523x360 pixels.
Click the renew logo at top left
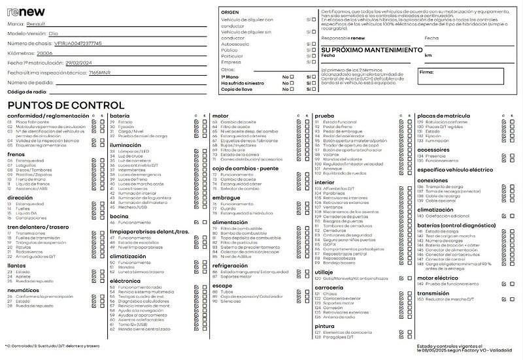tap(26, 12)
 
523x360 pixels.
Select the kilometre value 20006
tap(45, 53)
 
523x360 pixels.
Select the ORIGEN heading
tap(230, 12)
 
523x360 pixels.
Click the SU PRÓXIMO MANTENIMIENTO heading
tap(372, 50)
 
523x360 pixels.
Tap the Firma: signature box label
tap(426, 72)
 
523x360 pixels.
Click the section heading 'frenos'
tap(16, 154)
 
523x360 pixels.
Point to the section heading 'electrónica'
tap(125, 280)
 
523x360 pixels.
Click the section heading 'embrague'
tap(226, 197)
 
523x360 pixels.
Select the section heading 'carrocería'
tap(329, 287)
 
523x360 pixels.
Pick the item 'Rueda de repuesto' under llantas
tap(35, 282)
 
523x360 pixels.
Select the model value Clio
tap(54, 33)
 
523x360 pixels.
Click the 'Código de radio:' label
tap(27, 92)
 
